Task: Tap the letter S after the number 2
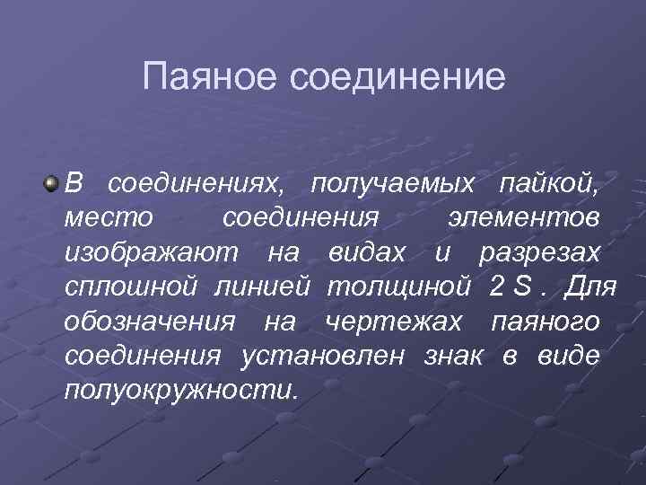click(521, 288)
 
